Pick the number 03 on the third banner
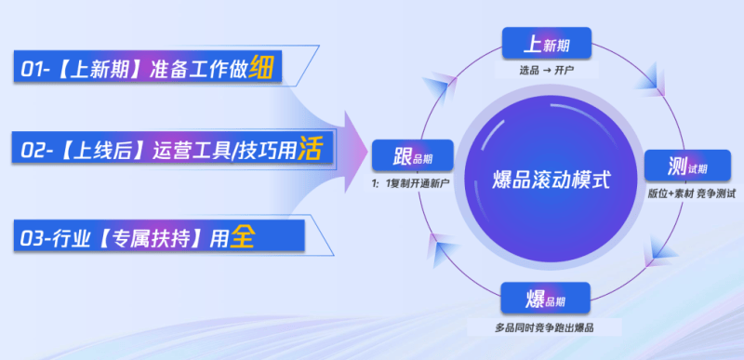(x=33, y=238)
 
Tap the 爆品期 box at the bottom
(x=545, y=300)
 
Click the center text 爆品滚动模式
(x=551, y=180)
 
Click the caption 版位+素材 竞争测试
(x=692, y=193)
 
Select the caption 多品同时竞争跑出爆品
(x=545, y=328)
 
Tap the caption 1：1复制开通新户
(x=410, y=183)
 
